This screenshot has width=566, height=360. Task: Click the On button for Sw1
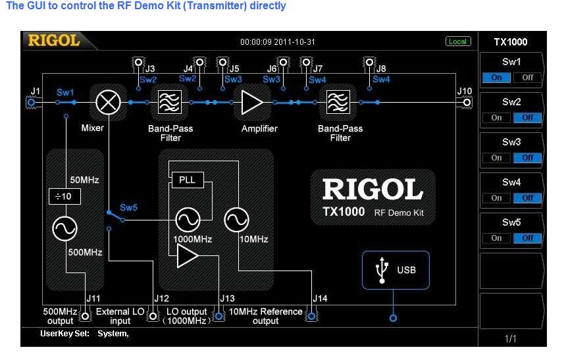coord(497,77)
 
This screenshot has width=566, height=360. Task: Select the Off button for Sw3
coord(528,158)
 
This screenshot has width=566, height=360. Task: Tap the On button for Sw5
coord(497,238)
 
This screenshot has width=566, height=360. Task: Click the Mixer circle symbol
coord(107,102)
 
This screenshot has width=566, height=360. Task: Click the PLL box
coord(187,179)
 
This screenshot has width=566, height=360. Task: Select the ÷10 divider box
coord(64,196)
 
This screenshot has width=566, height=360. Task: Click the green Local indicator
coord(457,41)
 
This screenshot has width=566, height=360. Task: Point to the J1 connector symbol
coord(31,102)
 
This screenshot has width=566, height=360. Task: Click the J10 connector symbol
coord(467,102)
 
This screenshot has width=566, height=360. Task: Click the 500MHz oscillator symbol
coord(64,229)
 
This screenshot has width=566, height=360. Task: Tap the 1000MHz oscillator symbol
coord(187,219)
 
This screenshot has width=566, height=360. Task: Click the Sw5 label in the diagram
coord(129,207)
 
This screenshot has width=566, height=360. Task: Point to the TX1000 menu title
coord(511,42)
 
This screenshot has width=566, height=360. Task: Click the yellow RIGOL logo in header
coord(54,41)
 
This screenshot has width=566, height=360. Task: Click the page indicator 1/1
coord(511,338)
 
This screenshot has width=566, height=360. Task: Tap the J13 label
coord(227,299)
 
